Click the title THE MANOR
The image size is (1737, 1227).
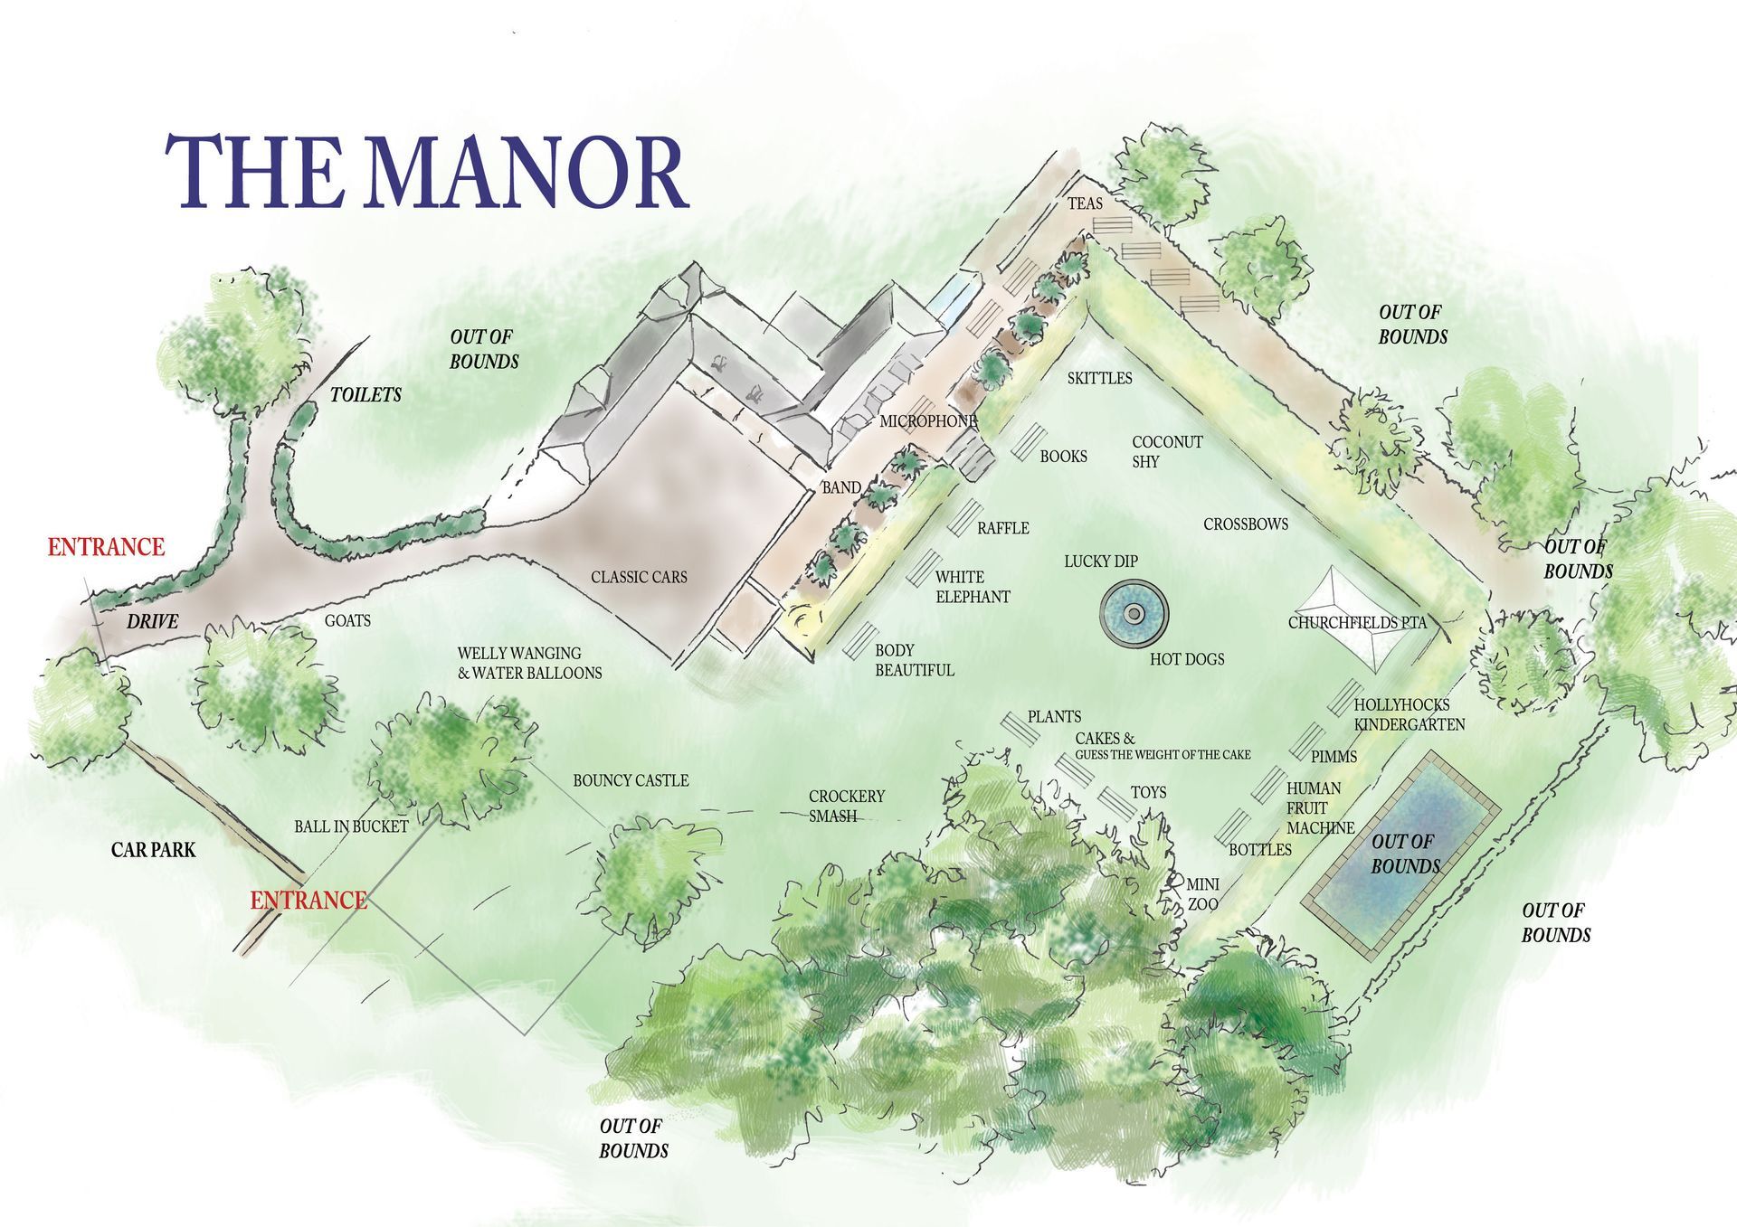[426, 172]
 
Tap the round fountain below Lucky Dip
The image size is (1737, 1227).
[1134, 615]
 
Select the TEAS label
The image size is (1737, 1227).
[1085, 203]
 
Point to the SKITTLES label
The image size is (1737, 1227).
[1099, 378]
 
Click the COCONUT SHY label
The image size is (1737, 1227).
[1166, 451]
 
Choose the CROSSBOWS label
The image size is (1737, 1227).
[1245, 524]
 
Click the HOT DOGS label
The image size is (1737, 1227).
[1187, 659]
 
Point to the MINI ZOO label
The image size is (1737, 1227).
[1202, 894]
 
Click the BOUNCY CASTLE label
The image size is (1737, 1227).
[631, 780]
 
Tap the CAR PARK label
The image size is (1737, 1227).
[153, 850]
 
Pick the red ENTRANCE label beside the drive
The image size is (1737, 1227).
[106, 547]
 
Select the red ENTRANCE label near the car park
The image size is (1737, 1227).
[308, 900]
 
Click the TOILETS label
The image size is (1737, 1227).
[365, 394]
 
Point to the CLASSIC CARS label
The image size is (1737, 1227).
[639, 577]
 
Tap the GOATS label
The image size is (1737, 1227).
[347, 621]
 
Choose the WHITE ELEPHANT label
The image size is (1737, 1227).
[972, 587]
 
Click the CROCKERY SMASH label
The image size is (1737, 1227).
[846, 806]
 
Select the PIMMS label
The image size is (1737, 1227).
[1334, 756]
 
